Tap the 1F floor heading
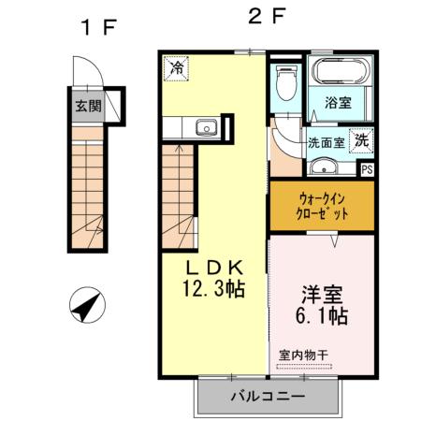(x=96, y=27)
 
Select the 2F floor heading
(x=267, y=17)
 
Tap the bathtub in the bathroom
(x=340, y=72)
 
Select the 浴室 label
(x=339, y=103)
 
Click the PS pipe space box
(x=366, y=169)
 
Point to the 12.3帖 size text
(x=213, y=289)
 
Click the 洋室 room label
(x=322, y=293)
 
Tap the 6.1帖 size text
(x=322, y=316)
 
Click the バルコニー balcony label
(x=268, y=397)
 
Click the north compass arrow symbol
(x=87, y=304)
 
